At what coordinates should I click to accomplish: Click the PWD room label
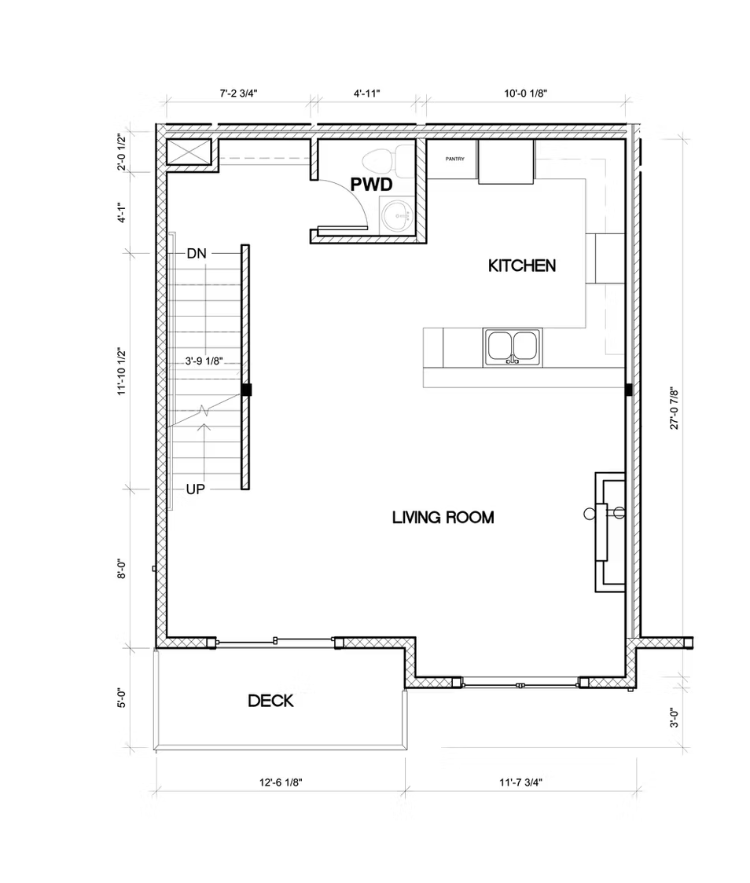click(x=371, y=184)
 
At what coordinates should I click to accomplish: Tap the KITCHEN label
click(x=522, y=266)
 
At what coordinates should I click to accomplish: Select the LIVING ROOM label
click(x=443, y=518)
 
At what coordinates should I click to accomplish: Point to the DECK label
click(x=270, y=701)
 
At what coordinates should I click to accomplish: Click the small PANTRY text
click(x=454, y=159)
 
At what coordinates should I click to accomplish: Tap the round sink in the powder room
click(x=397, y=216)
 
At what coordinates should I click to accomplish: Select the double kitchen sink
click(x=513, y=347)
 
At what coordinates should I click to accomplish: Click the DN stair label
click(x=197, y=254)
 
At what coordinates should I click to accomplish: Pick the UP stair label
click(x=196, y=489)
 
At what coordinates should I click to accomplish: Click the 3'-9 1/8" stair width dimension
click(x=204, y=361)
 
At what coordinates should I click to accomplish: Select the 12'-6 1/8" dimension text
click(x=281, y=782)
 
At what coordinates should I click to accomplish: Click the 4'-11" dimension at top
click(x=367, y=93)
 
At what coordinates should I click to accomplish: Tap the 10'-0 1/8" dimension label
click(x=525, y=93)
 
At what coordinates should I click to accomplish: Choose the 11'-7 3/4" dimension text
click(x=520, y=782)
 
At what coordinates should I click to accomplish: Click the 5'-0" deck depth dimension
click(x=122, y=698)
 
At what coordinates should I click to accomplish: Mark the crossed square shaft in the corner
click(x=189, y=152)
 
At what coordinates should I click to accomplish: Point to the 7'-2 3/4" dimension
click(x=238, y=93)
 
